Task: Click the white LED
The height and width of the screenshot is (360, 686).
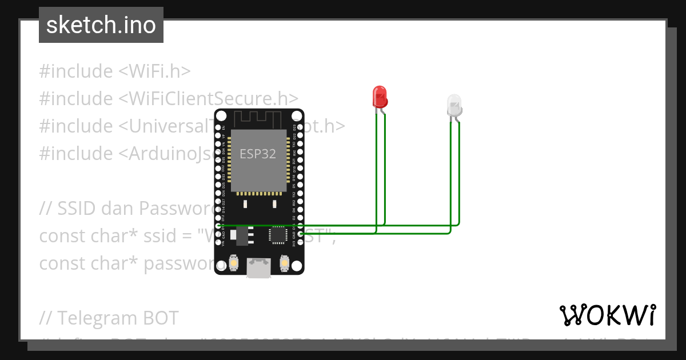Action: coord(454,106)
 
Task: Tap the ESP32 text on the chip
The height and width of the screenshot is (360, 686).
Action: coord(257,154)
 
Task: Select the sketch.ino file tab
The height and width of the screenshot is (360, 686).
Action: coord(101,25)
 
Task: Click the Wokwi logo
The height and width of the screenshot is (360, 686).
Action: coord(607,315)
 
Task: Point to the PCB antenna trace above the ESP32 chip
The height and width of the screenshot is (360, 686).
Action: coord(259,119)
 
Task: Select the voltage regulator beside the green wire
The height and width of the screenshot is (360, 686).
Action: coord(243,235)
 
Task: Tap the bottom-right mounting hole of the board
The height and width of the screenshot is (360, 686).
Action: coord(298,268)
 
